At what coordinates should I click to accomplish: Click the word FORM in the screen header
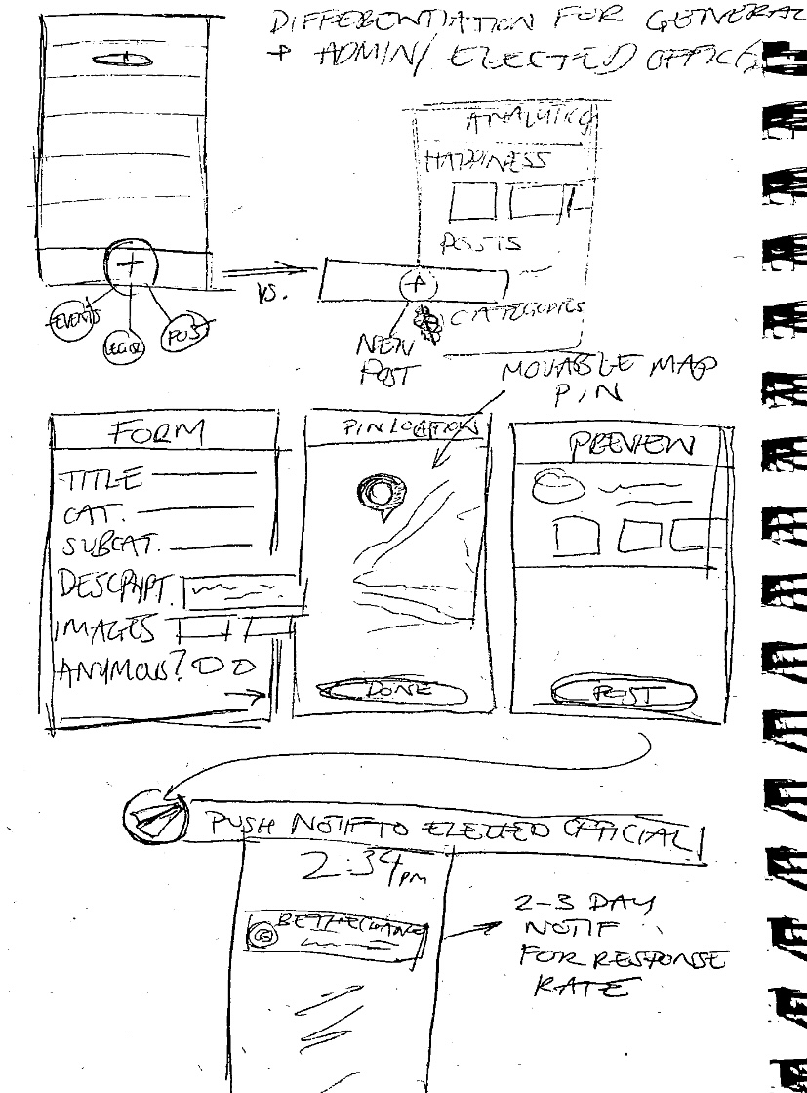[159, 431]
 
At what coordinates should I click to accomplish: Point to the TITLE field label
[102, 479]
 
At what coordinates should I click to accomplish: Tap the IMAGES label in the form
[110, 628]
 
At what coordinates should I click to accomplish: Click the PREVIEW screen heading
[632, 447]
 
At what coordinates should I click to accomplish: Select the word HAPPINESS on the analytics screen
[486, 161]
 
